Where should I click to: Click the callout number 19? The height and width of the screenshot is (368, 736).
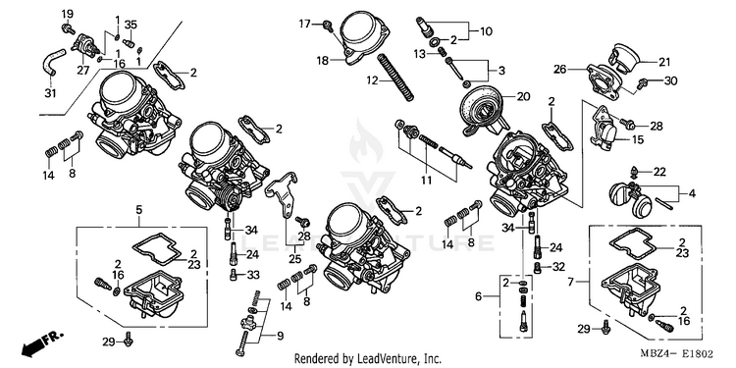[68, 13]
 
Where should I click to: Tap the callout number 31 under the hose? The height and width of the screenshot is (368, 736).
[50, 93]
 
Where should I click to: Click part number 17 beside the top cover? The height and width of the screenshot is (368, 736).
[305, 23]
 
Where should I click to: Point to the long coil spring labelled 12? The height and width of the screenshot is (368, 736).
[395, 77]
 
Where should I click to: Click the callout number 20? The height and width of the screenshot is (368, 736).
[523, 97]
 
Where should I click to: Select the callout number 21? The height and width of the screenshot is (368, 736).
[664, 62]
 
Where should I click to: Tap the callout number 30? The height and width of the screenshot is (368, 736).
[671, 81]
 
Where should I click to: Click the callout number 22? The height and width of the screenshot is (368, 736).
[659, 173]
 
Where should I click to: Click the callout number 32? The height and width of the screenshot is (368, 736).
[558, 267]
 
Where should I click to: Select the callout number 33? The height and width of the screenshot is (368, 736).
[253, 274]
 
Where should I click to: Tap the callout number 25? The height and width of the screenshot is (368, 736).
[294, 258]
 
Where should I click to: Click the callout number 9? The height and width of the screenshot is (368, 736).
[280, 336]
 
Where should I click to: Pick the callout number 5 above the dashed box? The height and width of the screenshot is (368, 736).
[139, 210]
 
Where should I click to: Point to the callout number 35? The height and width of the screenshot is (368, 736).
[131, 25]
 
